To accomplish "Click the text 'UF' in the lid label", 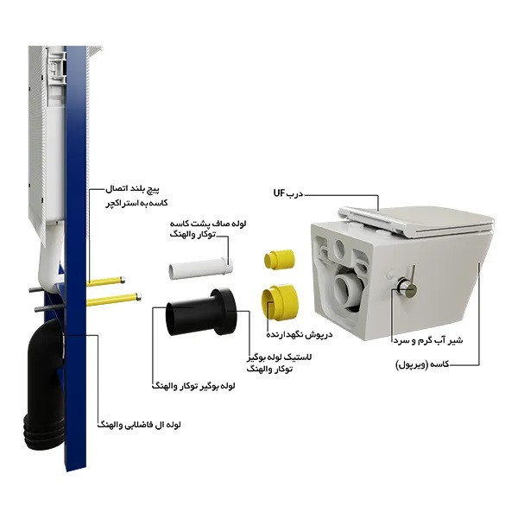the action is (279, 193).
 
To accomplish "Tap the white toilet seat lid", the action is (416, 220).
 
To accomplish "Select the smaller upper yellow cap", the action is (279, 259).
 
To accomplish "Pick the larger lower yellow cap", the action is (281, 300).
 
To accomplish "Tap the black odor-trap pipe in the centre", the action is (201, 312).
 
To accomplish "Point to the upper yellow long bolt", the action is (105, 281).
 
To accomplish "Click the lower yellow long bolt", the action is (114, 300).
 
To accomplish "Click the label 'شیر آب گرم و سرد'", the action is (428, 340).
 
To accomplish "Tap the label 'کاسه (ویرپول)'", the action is (422, 364).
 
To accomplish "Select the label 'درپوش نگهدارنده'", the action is (300, 335).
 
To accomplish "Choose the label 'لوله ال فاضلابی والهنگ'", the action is (139, 425).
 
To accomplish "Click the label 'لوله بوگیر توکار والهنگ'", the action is (193, 386).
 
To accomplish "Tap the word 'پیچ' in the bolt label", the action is (153, 190).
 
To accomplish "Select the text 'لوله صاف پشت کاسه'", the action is (208, 224).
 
